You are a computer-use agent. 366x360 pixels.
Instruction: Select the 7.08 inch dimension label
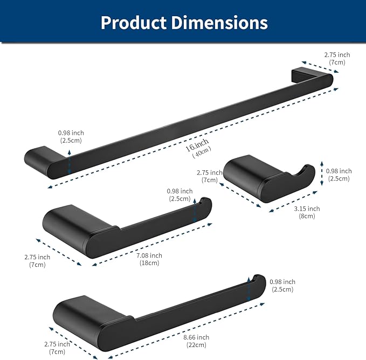pyautogui.click(x=149, y=255)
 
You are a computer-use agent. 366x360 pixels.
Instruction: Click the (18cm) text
pyautogui.click(x=149, y=263)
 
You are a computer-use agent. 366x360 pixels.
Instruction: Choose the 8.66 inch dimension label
pyautogui.click(x=196, y=337)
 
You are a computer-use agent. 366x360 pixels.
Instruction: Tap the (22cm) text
pyautogui.click(x=196, y=345)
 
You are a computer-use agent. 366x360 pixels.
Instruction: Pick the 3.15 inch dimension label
pyautogui.click(x=306, y=209)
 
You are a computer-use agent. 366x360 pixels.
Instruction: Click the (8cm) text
pyautogui.click(x=306, y=216)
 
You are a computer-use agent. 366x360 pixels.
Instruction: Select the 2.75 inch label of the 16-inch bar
pyautogui.click(x=337, y=54)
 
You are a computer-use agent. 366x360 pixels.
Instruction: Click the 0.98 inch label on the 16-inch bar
pyautogui.click(x=71, y=133)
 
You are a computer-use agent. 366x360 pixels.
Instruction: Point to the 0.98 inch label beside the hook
pyautogui.click(x=339, y=171)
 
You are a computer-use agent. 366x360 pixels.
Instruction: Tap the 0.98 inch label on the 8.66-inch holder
pyautogui.click(x=282, y=282)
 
